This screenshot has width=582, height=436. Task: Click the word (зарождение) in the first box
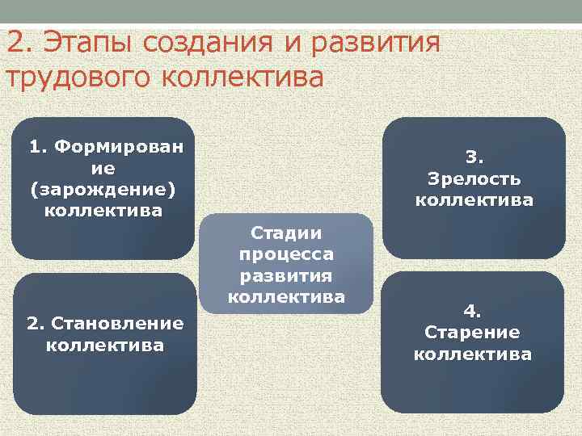pos(103,190)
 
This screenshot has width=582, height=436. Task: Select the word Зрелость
pos(474,178)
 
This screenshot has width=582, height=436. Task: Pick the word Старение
pos(473,332)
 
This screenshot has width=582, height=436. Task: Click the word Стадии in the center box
pos(286,233)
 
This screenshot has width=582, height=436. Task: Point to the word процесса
pos(286,254)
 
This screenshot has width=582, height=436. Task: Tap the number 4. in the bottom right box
pos(473,310)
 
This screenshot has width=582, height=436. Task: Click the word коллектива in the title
pos(242,78)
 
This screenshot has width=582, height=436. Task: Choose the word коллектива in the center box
pos(286,296)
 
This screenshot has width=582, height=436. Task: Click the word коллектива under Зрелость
pos(474,199)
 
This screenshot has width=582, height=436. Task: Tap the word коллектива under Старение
pos(473,354)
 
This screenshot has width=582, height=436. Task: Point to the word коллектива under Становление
pos(105,346)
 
